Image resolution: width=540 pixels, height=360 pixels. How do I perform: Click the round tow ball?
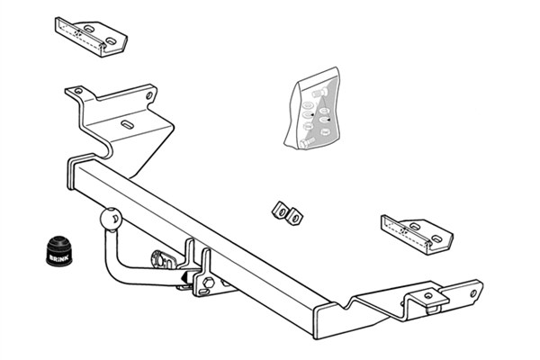point(111,219)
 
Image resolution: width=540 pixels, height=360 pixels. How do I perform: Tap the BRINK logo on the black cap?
point(59,257)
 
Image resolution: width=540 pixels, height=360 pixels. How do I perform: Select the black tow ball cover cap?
point(59,251)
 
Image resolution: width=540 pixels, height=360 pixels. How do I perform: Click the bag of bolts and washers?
point(312,109)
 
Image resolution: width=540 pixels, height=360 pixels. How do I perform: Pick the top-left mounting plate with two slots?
point(91,37)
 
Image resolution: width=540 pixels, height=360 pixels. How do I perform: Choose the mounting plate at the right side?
point(417,235)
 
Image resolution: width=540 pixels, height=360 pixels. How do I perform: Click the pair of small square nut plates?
point(288,213)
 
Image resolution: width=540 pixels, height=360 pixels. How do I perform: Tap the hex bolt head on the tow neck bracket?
point(208,283)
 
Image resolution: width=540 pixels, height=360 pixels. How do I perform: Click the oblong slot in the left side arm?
point(127,124)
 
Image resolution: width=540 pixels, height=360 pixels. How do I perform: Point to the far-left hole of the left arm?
point(78,91)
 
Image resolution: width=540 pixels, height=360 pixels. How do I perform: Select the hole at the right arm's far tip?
point(474,293)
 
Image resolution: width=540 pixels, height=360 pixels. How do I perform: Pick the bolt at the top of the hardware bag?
point(319,93)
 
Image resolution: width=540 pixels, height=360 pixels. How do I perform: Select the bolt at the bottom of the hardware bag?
point(307,142)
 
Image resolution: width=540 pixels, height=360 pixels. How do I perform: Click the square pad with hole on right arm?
point(427,295)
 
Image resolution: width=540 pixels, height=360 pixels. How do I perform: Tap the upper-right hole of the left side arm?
point(149,95)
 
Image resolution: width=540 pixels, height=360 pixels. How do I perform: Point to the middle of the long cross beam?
point(200,241)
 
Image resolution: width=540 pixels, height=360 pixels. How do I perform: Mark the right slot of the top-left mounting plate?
point(111,41)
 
